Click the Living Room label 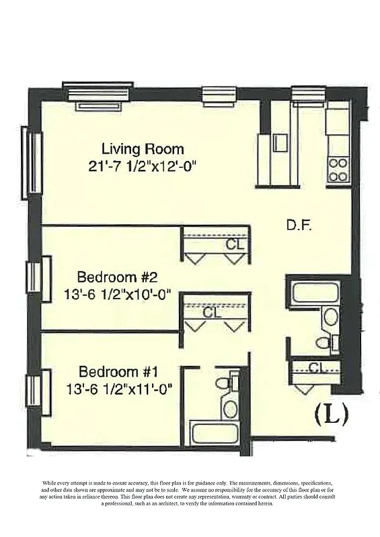(x=142, y=148)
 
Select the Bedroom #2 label (x=117, y=277)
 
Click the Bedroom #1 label (x=119, y=371)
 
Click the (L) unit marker (x=332, y=416)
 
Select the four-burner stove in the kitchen (x=336, y=169)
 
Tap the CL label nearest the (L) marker (x=317, y=367)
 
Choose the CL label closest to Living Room (x=234, y=244)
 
